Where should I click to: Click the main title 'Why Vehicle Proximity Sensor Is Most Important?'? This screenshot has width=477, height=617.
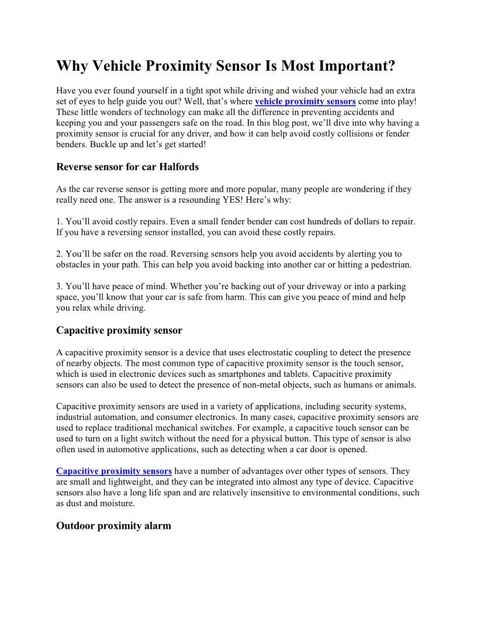click(x=226, y=66)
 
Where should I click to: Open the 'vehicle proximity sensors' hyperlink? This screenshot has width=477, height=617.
click(x=305, y=101)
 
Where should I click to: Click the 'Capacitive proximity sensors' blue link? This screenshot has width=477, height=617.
click(x=114, y=471)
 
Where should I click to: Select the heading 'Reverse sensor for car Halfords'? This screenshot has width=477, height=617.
click(x=127, y=167)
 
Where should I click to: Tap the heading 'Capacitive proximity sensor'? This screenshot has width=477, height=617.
click(x=119, y=331)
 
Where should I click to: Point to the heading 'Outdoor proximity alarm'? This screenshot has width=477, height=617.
click(x=113, y=526)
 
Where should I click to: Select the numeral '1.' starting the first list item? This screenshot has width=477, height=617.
click(x=60, y=222)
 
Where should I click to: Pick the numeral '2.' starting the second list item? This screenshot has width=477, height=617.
click(x=60, y=254)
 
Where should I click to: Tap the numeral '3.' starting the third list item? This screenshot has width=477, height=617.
click(x=60, y=287)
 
